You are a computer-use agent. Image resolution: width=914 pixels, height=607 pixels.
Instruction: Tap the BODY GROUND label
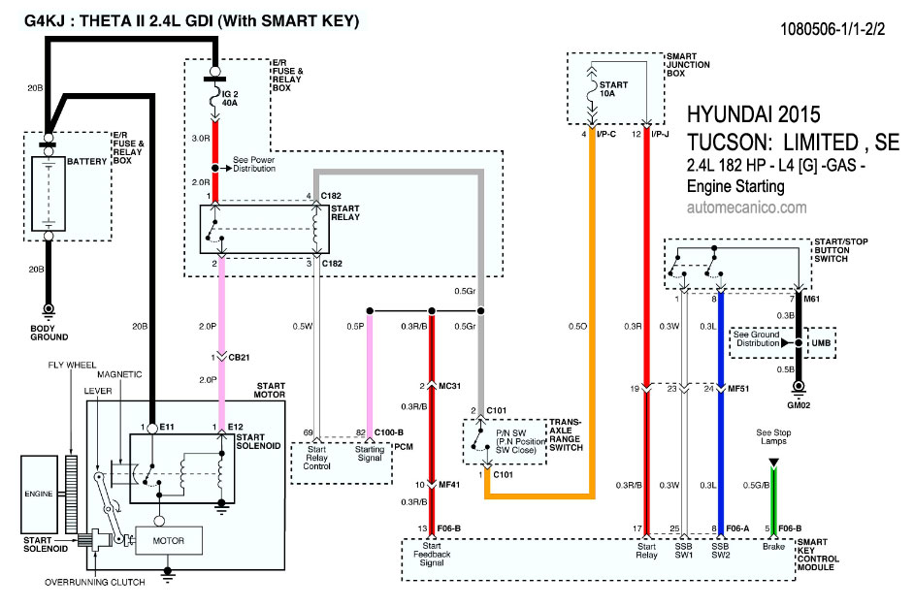(x=49, y=333)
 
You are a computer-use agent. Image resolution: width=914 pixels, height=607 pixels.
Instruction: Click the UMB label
(x=820, y=343)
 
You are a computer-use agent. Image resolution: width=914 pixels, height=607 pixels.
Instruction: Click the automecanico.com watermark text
(x=746, y=208)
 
